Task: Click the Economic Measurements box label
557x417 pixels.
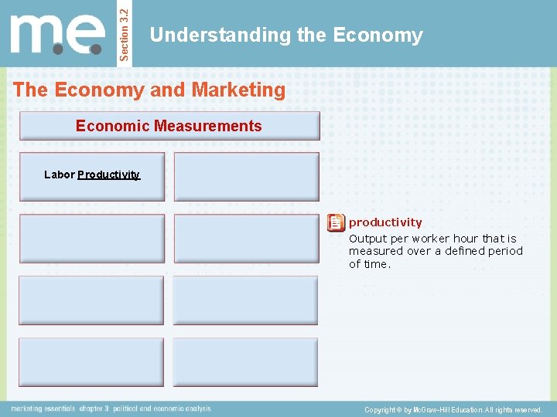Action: coord(169,126)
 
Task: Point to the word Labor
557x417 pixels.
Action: coord(59,175)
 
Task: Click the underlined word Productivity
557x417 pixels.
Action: coord(108,175)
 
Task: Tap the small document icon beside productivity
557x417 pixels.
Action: coord(336,223)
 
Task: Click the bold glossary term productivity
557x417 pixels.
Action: coord(385,222)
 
